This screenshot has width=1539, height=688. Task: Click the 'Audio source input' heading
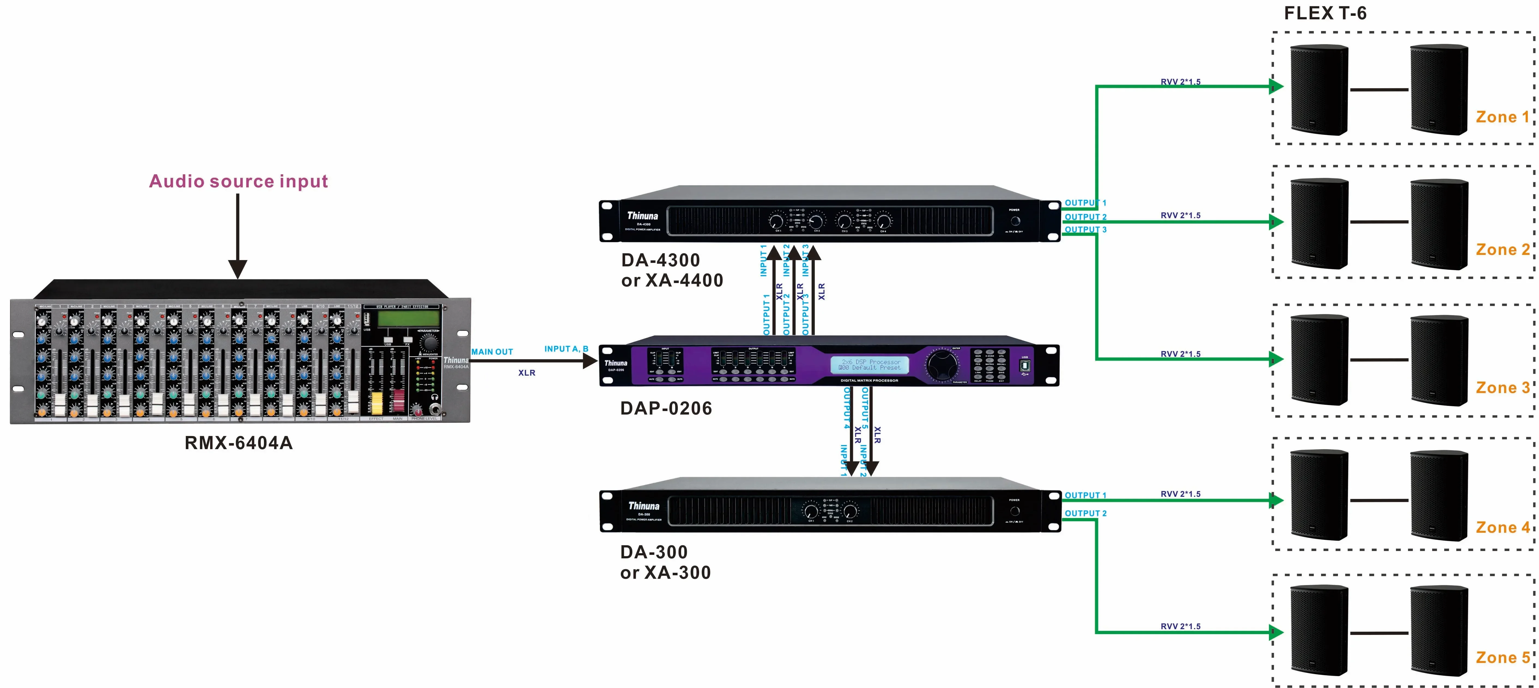pos(238,181)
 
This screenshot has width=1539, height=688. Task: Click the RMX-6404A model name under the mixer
pos(238,443)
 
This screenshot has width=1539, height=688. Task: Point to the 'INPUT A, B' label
pos(566,349)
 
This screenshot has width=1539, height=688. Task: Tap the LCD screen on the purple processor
pos(869,365)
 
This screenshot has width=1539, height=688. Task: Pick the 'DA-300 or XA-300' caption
pos(666,562)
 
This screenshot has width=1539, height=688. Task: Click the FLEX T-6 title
pos(1325,13)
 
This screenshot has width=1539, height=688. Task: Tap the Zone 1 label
pos(1502,117)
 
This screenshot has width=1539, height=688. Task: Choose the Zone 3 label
pos(1502,388)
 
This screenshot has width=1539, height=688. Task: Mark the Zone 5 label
pos(1502,657)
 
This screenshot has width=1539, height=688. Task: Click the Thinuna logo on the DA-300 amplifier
pos(643,506)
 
